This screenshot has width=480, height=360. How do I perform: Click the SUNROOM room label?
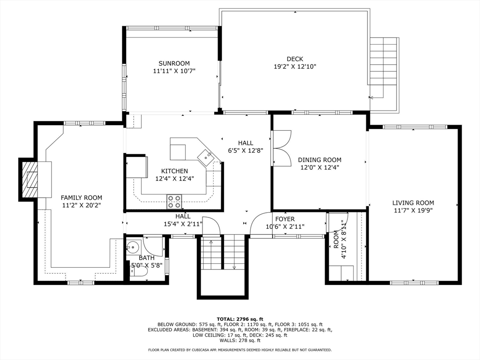[174, 63]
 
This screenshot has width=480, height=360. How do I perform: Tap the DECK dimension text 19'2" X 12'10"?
[295, 67]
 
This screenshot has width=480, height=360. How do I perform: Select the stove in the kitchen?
[174, 202]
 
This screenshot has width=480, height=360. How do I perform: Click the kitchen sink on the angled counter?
[206, 156]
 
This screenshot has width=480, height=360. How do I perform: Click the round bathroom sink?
[133, 246]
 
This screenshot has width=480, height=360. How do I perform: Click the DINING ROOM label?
[319, 160]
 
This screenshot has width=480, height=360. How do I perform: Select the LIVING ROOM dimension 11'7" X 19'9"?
[413, 210]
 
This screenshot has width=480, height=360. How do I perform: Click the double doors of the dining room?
[281, 148]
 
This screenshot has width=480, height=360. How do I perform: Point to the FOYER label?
[285, 219]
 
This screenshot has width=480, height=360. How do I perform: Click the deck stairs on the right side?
[383, 61]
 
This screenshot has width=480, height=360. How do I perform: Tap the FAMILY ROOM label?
[81, 198]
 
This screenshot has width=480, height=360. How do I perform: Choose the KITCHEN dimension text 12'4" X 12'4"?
[174, 179]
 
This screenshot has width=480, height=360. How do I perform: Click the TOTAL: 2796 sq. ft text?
[240, 319]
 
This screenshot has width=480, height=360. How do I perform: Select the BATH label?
[146, 258]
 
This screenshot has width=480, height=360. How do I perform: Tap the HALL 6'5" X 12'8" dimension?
[245, 150]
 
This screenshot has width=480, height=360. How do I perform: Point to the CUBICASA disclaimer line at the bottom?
[240, 350]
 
